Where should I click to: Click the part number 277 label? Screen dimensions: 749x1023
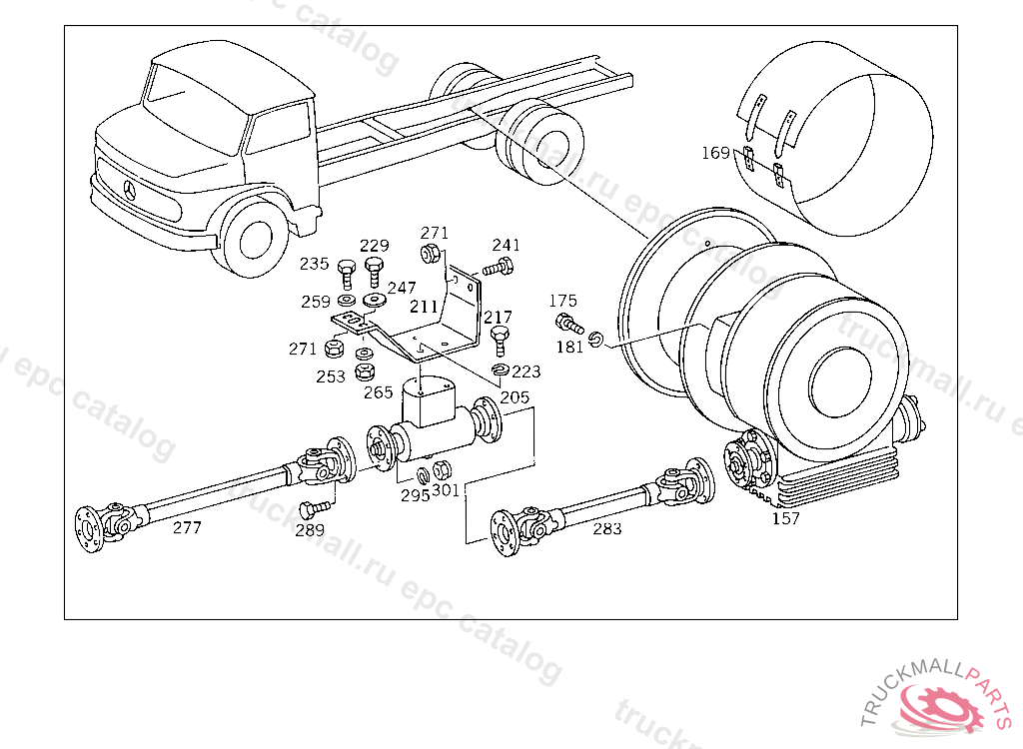point(187,527)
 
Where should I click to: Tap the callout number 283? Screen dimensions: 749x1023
point(606,528)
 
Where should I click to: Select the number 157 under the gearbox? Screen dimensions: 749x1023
point(786,518)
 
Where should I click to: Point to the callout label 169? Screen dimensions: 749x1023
point(715,153)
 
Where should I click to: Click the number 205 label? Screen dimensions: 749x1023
point(515,397)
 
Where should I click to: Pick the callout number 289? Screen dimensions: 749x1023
point(310,530)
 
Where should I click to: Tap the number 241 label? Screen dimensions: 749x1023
point(507,246)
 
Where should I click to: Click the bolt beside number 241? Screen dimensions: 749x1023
point(498,268)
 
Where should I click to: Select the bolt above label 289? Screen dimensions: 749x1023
point(310,506)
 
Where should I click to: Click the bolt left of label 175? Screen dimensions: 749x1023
point(568,323)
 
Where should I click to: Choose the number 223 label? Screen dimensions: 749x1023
point(525,372)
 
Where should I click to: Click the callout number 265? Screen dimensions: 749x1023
point(379,393)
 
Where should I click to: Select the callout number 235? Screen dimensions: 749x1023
point(315,264)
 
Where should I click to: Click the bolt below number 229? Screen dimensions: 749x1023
point(375,269)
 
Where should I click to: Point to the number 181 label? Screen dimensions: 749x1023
point(570,347)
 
